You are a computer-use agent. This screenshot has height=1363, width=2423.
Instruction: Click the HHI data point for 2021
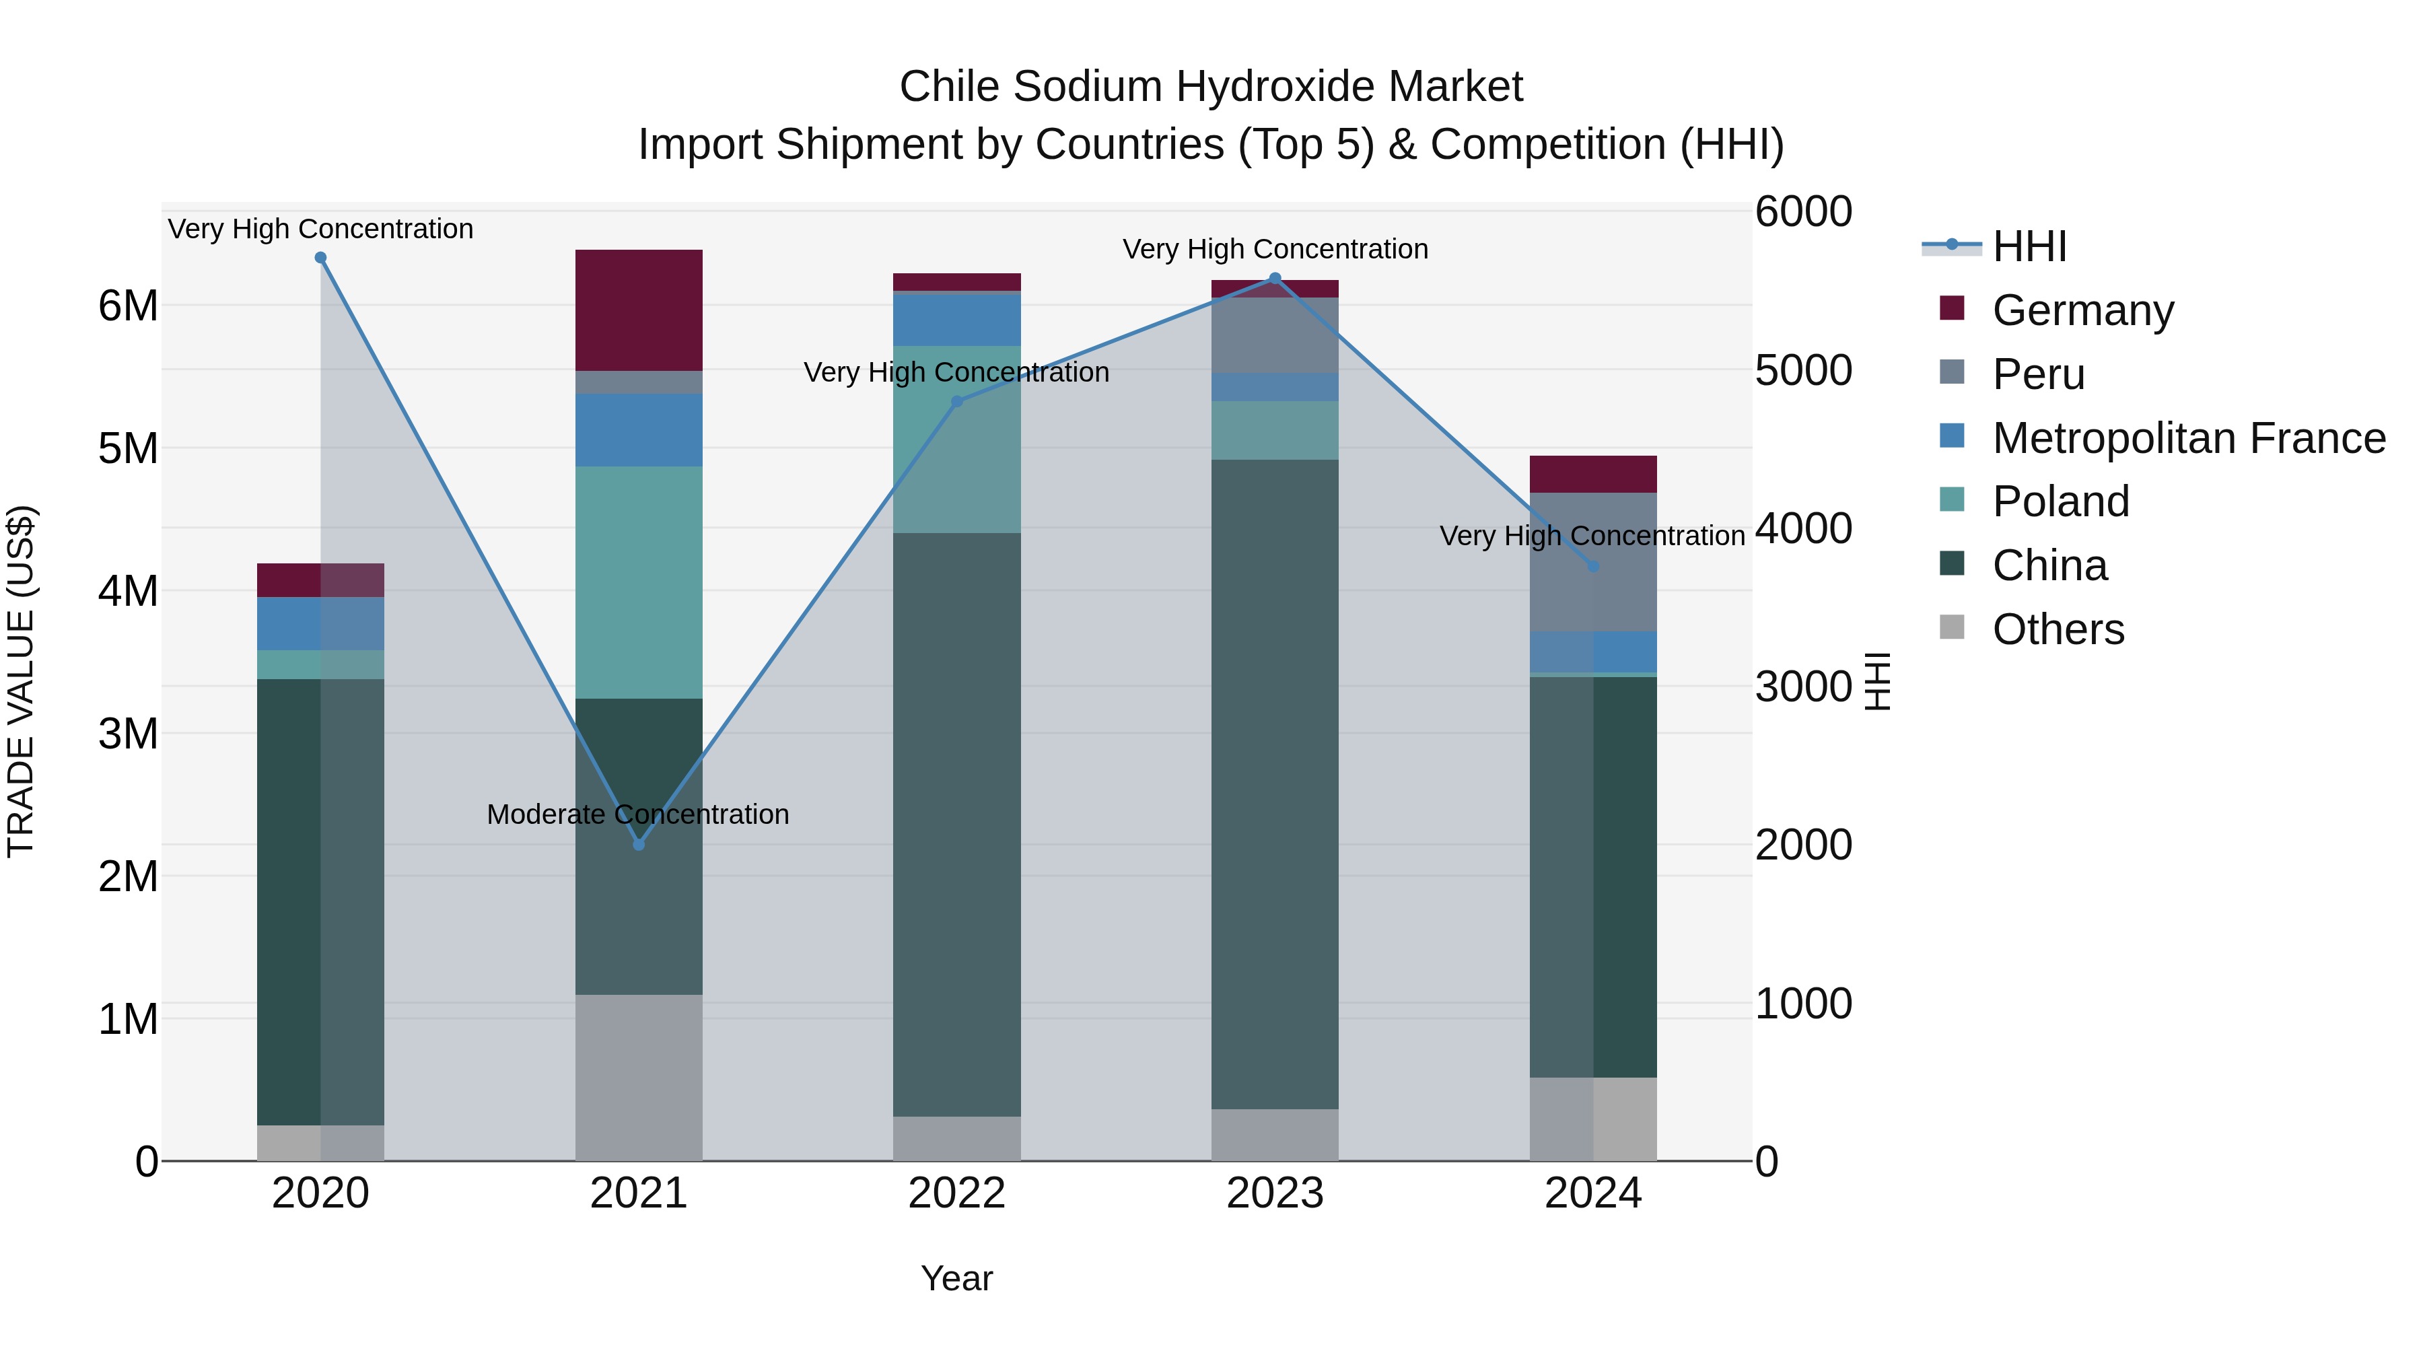coord(639,845)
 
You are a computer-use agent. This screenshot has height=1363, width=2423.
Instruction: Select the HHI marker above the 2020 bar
coord(321,258)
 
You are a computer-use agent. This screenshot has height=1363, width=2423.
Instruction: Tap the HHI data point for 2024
coord(1593,566)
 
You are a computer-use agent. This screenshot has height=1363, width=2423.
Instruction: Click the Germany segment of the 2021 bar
coord(639,310)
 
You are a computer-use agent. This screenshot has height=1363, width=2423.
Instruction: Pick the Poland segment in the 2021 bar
coord(639,583)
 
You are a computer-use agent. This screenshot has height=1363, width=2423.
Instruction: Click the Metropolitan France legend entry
coord(2188,438)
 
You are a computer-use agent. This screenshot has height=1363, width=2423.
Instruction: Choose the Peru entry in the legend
coord(2037,374)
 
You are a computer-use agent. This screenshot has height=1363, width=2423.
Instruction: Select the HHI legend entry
coord(2029,246)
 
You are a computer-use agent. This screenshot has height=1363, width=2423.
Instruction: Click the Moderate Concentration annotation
coord(638,814)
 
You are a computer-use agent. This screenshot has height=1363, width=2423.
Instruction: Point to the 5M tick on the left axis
coord(128,449)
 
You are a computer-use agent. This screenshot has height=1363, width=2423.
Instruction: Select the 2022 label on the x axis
coord(956,1193)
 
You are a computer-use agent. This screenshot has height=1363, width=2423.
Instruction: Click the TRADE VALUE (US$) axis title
coord(21,681)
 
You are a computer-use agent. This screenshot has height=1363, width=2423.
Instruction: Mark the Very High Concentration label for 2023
coord(1275,249)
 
